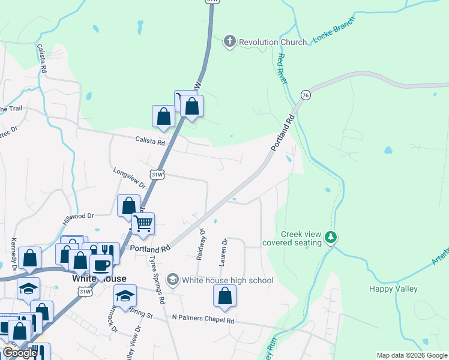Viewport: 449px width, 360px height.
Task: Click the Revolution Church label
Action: point(267,42)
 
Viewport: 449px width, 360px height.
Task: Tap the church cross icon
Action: point(229,41)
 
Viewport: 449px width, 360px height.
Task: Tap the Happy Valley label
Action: point(393,289)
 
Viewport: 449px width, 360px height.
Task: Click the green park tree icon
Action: point(330,238)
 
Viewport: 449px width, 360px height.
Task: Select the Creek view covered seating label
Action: point(301,238)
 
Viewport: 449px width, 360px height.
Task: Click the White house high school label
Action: point(228,280)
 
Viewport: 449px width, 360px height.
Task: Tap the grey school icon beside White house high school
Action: point(173,280)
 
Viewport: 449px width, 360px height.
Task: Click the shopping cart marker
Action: point(143,224)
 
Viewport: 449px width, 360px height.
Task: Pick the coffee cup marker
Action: point(101,265)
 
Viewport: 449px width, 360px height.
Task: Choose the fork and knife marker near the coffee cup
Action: point(107,251)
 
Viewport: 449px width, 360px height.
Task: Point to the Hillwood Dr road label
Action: point(79,217)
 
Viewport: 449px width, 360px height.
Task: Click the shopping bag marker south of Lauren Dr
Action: point(224,296)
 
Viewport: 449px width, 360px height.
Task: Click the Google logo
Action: point(20,353)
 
